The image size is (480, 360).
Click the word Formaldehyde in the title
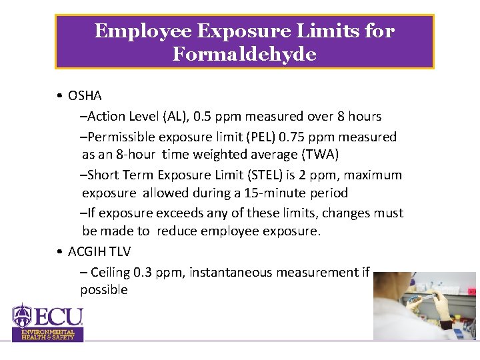coord(244,54)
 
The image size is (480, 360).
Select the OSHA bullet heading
coord(85,96)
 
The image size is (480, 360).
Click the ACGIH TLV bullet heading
coord(99,251)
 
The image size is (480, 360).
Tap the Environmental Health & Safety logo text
coord(48,335)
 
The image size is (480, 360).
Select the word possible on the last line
coord(104,290)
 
